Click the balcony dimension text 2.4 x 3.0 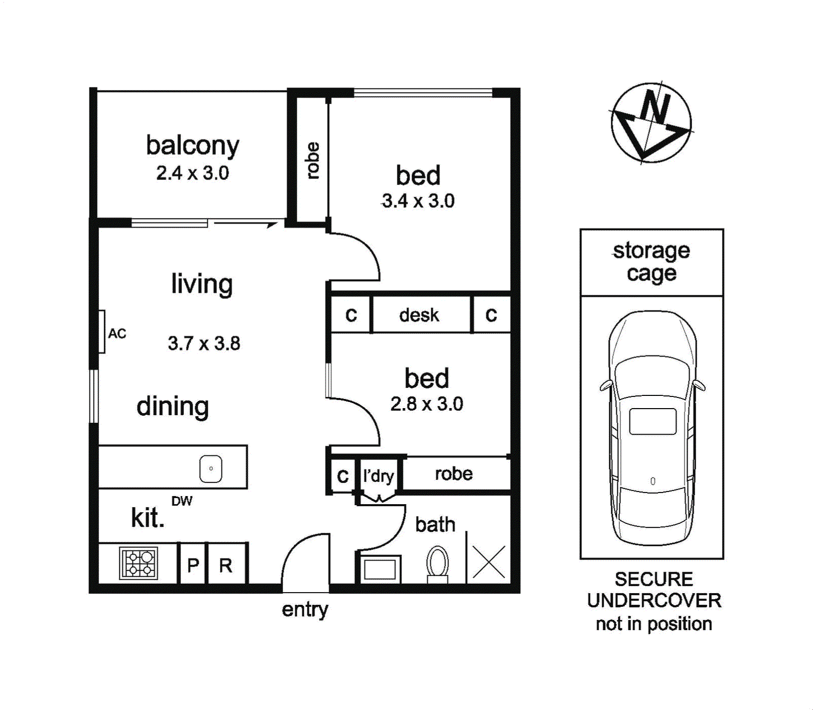point(193,173)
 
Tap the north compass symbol point(651,123)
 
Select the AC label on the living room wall point(117,334)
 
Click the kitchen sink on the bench point(211,469)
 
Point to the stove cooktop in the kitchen point(139,563)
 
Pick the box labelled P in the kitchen point(193,564)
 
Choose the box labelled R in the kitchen point(226,564)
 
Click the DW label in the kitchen point(182,501)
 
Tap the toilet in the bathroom point(437,564)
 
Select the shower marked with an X point(489,562)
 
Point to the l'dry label point(379,476)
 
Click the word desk point(419,315)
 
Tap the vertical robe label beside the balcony point(312,161)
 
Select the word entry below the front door point(305,610)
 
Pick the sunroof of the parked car point(653,421)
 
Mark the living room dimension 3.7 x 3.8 point(204,344)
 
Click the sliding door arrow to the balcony point(245,223)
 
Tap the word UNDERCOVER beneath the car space point(654,601)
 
